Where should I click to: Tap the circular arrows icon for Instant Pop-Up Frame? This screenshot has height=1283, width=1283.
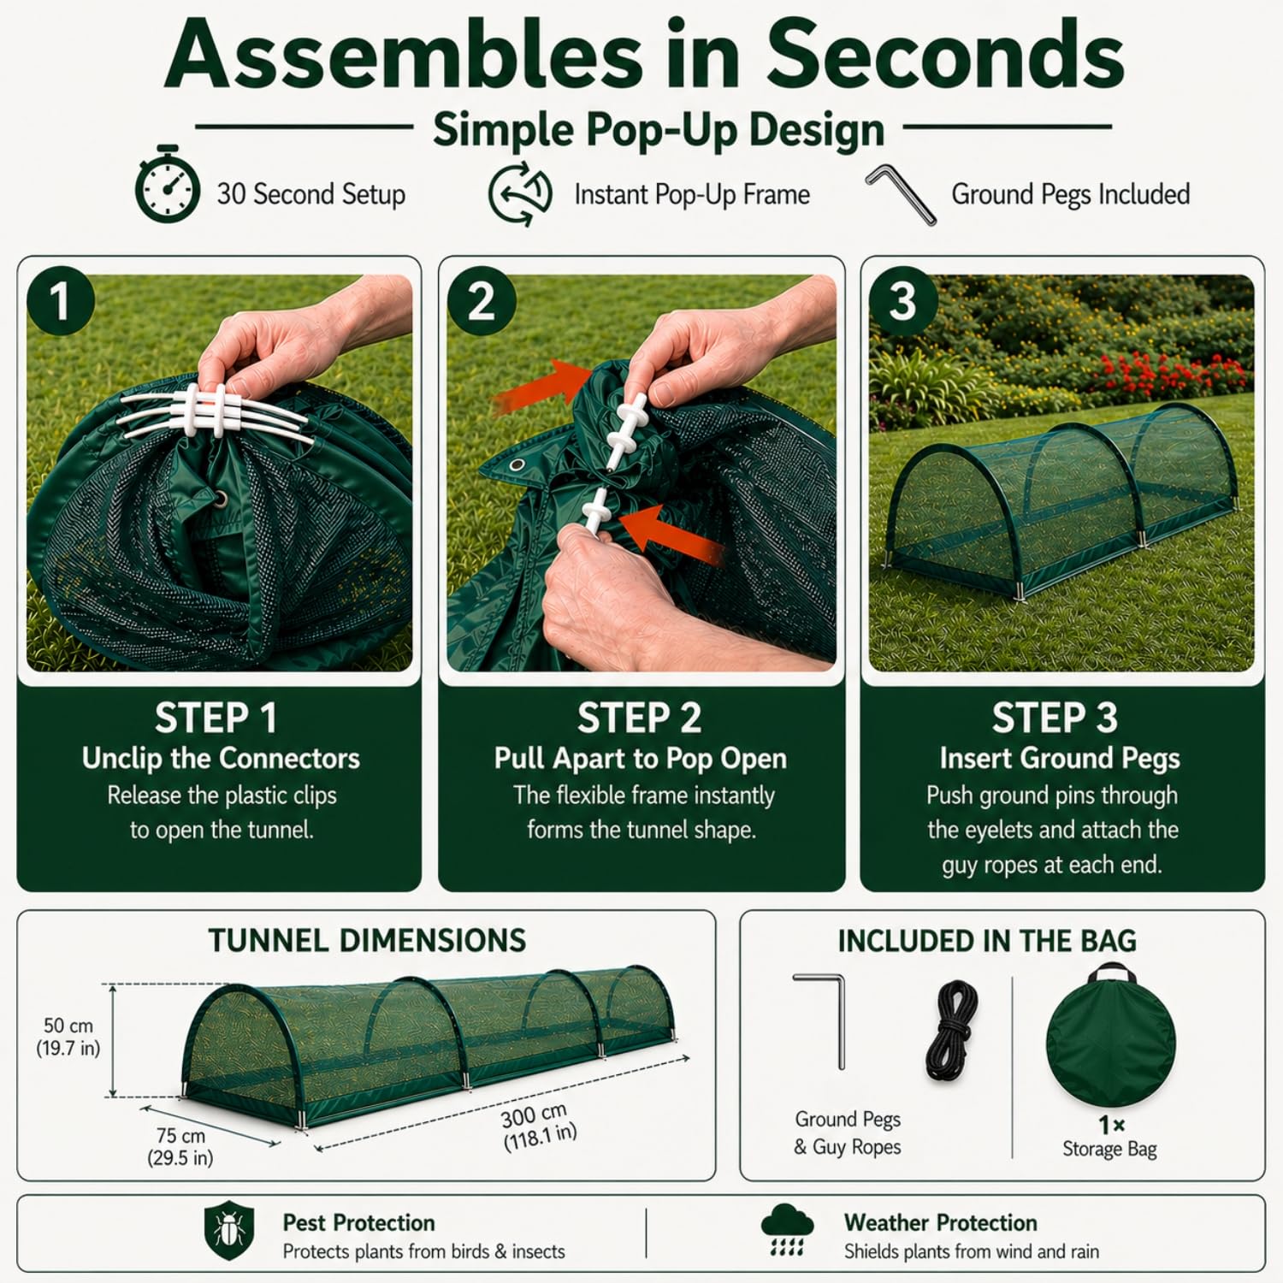520,195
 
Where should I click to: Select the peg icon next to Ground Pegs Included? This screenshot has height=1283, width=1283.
901,194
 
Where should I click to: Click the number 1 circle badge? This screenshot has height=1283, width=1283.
60,300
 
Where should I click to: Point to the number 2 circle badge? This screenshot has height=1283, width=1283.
482,300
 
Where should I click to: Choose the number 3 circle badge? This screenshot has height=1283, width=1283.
903,300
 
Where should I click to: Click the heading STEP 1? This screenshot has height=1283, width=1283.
216,718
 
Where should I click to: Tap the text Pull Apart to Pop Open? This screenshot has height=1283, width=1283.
641,759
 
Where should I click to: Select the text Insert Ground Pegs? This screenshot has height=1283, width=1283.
1060,758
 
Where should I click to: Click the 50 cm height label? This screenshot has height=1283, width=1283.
68,1037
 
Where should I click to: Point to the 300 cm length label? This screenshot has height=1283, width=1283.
539,1126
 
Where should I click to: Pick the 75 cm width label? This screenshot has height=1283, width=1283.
180,1146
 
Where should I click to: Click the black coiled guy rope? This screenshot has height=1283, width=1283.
952,1031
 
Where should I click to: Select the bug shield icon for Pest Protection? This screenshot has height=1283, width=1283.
229,1230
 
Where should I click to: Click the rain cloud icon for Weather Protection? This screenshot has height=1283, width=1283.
787,1229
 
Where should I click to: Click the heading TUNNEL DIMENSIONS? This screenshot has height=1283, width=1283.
368,941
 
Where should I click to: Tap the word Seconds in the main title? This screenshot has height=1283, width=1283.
943,56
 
